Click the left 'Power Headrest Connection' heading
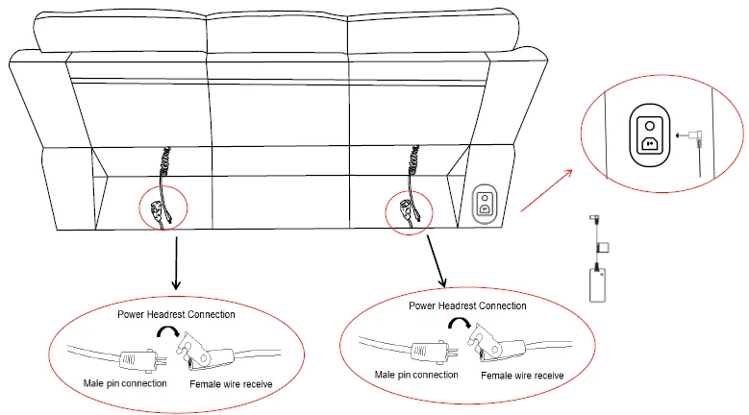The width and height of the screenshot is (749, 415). tap(176, 314)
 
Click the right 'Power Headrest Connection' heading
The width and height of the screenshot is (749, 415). tap(467, 305)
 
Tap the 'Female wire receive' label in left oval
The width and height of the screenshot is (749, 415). tap(230, 384)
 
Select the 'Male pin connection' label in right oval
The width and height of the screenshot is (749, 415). tap(415, 375)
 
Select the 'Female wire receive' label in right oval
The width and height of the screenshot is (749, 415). tap(522, 376)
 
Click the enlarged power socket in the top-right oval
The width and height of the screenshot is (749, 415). tap(649, 134)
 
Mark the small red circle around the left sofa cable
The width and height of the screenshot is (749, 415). tap(162, 207)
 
